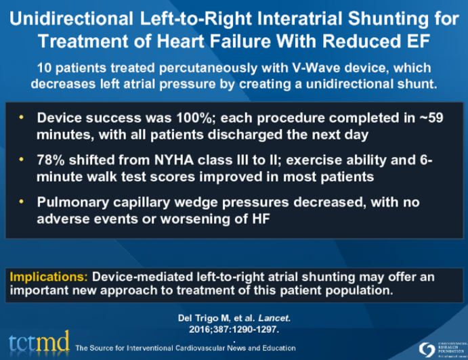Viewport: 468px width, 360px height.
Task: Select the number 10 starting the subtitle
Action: (67, 67)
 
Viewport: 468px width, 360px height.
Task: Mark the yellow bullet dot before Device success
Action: (22, 118)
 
